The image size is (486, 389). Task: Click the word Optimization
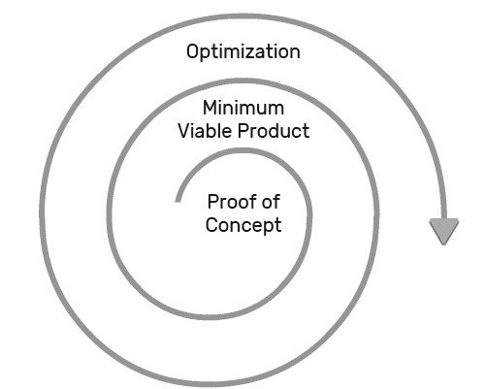[243, 52]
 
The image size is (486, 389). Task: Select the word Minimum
[243, 108]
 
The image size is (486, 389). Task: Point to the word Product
[274, 131]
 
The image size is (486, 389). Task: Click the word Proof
[232, 202]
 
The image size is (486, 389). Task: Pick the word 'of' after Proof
[271, 202]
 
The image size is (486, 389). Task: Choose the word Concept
[243, 225]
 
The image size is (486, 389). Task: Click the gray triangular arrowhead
[443, 231]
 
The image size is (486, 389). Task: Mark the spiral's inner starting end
[178, 201]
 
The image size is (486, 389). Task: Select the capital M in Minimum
[210, 108]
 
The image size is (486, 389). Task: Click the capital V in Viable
[184, 131]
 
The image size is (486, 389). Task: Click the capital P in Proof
[213, 202]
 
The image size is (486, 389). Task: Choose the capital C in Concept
[211, 225]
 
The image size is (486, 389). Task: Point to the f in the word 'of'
[276, 202]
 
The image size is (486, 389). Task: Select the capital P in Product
[243, 131]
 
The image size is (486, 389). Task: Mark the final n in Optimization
[295, 53]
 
